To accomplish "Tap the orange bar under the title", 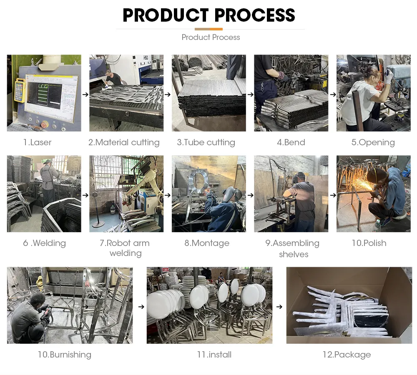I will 208,29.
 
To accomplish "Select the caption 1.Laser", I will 37,142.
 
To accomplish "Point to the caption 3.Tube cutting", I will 206,142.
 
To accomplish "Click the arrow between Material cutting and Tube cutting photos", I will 168,95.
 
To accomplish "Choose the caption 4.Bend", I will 291,142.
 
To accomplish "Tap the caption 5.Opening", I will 373,142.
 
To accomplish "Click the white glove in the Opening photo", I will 389,77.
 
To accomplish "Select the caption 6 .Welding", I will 44,243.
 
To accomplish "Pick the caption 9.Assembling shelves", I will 293,248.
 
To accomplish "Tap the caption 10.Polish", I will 369,243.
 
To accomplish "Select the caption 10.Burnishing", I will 64,355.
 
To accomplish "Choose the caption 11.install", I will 214,355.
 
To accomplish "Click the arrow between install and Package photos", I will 279,307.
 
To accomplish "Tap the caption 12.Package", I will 347,355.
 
